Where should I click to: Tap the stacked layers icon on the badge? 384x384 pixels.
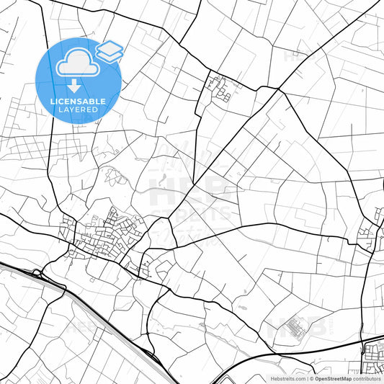pyautogui.click(x=110, y=51)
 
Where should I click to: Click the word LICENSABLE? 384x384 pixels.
pyautogui.click(x=78, y=102)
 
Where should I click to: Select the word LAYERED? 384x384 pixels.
pyautogui.click(x=78, y=110)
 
